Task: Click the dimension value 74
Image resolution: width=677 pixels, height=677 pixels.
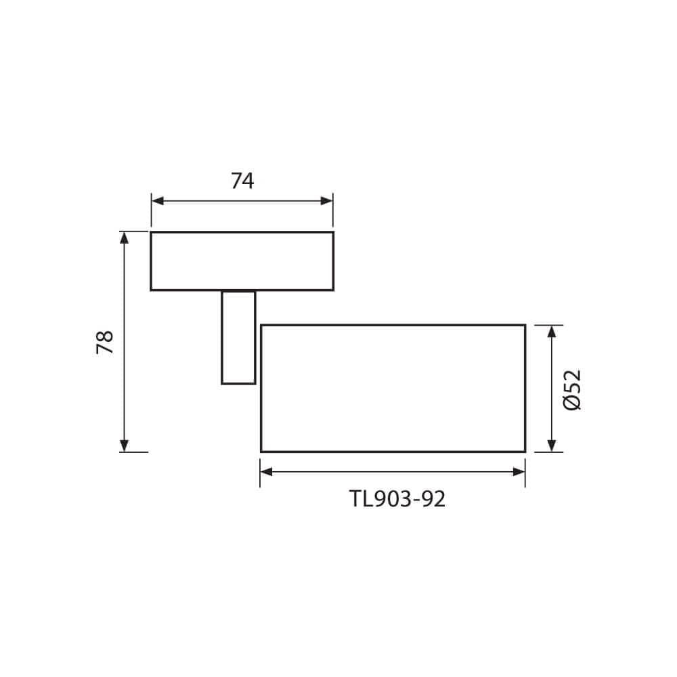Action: pyautogui.click(x=242, y=181)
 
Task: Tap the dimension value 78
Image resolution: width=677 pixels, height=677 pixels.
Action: pyautogui.click(x=105, y=343)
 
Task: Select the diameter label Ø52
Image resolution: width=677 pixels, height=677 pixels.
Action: pyautogui.click(x=572, y=389)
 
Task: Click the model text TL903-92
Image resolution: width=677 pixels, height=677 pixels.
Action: pyautogui.click(x=397, y=500)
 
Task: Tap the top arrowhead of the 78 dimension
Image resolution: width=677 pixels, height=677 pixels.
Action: pyautogui.click(x=124, y=238)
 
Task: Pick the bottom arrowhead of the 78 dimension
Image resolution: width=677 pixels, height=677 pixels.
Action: pyautogui.click(x=124, y=445)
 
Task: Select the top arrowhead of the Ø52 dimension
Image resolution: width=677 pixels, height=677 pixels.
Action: pyautogui.click(x=552, y=331)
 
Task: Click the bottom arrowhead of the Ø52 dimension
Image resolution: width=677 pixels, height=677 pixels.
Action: pyautogui.click(x=552, y=445)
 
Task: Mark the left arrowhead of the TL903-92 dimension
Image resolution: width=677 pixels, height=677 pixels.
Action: pyautogui.click(x=267, y=471)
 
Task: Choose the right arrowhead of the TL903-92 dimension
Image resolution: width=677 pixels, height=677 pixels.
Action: pyautogui.click(x=519, y=471)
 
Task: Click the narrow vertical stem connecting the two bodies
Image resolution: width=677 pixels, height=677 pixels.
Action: pyautogui.click(x=238, y=337)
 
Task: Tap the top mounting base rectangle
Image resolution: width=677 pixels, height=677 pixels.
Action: pyautogui.click(x=242, y=261)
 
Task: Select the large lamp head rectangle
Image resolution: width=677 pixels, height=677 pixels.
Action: pyautogui.click(x=393, y=388)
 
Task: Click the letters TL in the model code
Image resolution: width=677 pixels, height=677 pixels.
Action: pyautogui.click(x=358, y=500)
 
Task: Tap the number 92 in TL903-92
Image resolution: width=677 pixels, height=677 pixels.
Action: pyautogui.click(x=433, y=500)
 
